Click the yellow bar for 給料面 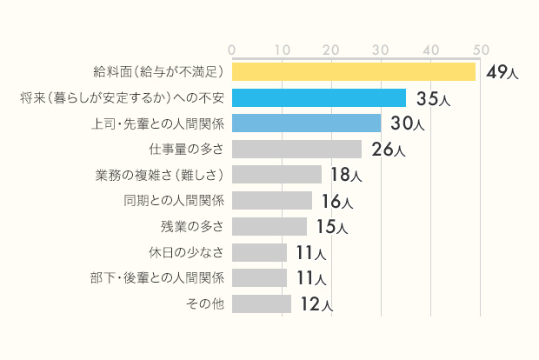pos(354,71)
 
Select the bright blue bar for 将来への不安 pos(319,97)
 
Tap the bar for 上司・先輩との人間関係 pos(306,123)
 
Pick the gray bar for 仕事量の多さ pos(296,149)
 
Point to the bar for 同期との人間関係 pos(272,201)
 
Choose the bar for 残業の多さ pos(269,226)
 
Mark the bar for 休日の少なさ pos(260,252)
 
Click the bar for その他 pos(262,303)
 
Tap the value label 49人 pos(502,72)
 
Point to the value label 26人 pos(388,150)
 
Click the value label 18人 pos(346,176)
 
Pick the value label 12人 pos(316,304)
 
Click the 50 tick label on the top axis pos(480,50)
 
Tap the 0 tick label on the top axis pos(232,50)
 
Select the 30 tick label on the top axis pos(381,50)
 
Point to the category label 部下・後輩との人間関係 pos(157,277)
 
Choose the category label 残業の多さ pos(192,226)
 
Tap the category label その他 pos(206,303)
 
